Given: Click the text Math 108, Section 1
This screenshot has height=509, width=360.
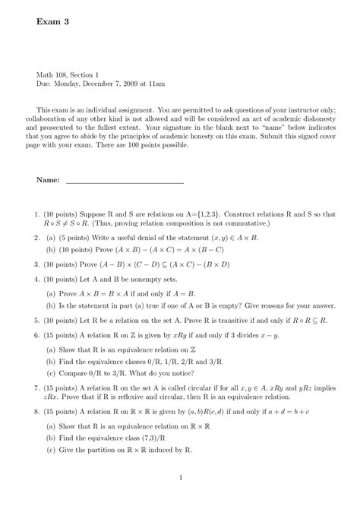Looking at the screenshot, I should [x=68, y=74].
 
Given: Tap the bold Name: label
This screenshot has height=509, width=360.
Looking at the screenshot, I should [x=48, y=182].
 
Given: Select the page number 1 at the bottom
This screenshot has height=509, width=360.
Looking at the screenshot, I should [x=180, y=477].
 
